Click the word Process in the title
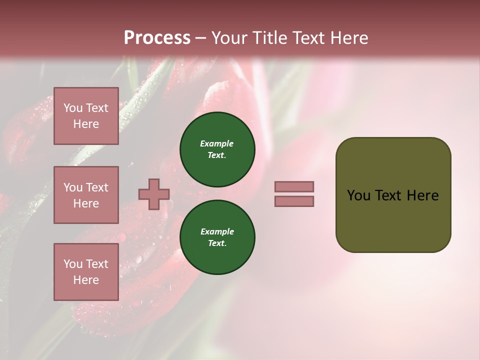[x=157, y=38]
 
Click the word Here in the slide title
[x=347, y=38]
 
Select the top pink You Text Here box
[x=86, y=116]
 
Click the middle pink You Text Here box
[x=86, y=195]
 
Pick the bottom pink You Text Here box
[x=86, y=272]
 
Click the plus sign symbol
[x=154, y=194]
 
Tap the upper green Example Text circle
[x=217, y=149]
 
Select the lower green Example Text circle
[x=217, y=237]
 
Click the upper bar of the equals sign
[x=294, y=187]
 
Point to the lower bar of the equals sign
[x=294, y=201]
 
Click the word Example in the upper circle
[x=217, y=143]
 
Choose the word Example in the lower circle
[x=217, y=231]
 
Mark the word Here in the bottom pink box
[x=86, y=280]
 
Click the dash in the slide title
[x=200, y=38]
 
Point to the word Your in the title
[x=229, y=38]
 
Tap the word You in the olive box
[x=358, y=195]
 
